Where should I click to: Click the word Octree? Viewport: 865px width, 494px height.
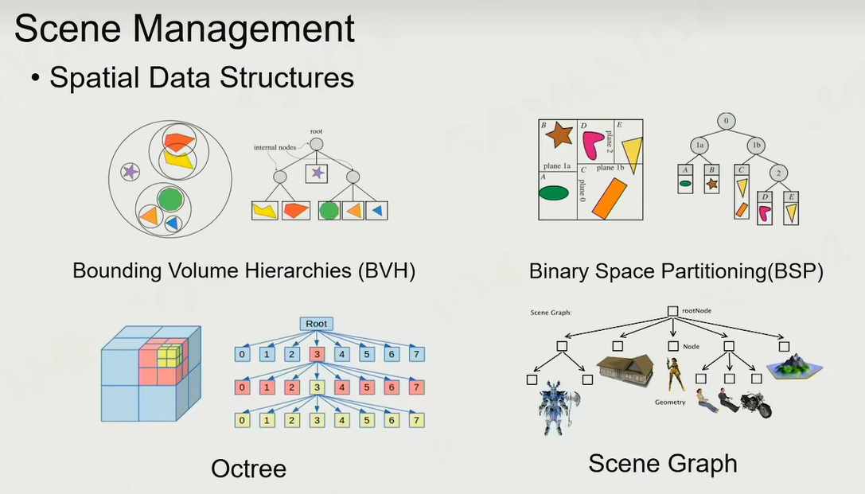click(248, 469)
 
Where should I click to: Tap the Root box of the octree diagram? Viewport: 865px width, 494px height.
click(317, 324)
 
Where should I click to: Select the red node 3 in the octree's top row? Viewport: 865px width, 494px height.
click(317, 354)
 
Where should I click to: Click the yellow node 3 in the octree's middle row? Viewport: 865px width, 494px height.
click(317, 387)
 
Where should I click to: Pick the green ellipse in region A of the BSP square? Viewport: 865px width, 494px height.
click(555, 193)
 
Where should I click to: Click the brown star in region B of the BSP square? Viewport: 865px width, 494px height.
click(559, 135)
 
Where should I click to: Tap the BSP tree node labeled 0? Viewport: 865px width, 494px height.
click(726, 122)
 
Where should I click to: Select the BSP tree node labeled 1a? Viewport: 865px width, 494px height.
click(698, 146)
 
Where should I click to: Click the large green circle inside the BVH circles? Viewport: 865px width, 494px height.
click(169, 198)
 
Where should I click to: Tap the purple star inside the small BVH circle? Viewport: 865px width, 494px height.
click(131, 171)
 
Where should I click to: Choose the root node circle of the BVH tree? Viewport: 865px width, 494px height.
click(317, 144)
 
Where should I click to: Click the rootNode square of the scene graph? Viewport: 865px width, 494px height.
click(672, 312)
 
